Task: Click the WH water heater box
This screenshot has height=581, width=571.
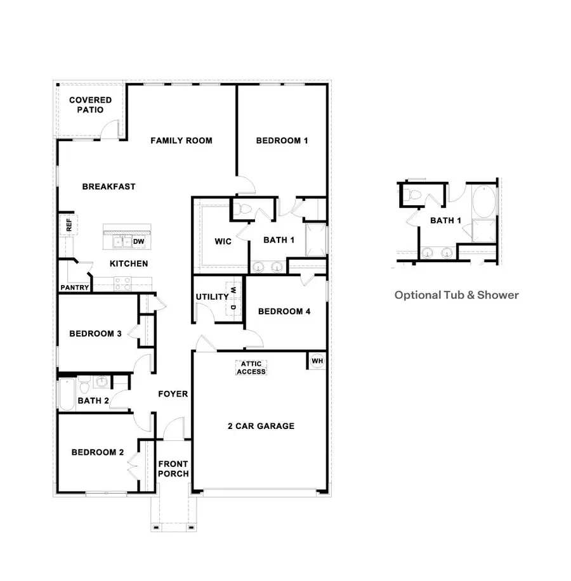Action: pos(317,361)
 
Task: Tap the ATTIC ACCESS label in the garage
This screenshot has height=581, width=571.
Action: pos(251,367)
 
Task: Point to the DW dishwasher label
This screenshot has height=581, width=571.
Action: pos(138,241)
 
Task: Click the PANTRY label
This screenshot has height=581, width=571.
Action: pos(75,288)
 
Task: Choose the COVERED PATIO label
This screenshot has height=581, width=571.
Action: pos(90,105)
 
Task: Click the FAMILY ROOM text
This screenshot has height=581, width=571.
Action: pos(181,141)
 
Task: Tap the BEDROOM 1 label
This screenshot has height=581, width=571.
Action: pos(282,141)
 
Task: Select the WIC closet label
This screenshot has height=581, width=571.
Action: pos(223,241)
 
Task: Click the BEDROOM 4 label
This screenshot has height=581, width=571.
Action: pos(284,311)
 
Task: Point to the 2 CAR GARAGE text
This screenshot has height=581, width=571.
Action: pos(261,426)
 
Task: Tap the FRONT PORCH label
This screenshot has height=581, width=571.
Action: pos(173,469)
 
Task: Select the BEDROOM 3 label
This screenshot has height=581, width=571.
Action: pos(95,334)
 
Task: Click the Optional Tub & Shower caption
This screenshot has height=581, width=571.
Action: pos(456,295)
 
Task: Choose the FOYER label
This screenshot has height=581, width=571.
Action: pos(173,394)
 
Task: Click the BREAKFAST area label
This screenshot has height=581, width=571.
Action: pos(108,186)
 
